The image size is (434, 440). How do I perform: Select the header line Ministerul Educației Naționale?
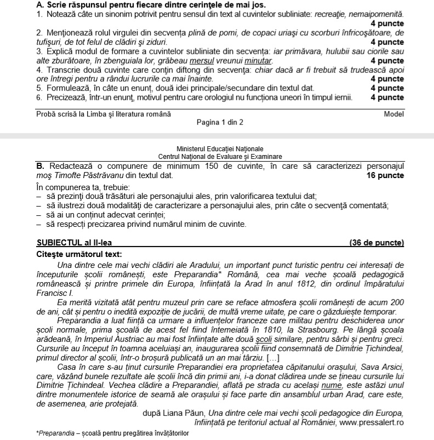220,149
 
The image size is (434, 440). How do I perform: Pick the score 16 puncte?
385,175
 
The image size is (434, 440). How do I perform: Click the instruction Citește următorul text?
79,253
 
